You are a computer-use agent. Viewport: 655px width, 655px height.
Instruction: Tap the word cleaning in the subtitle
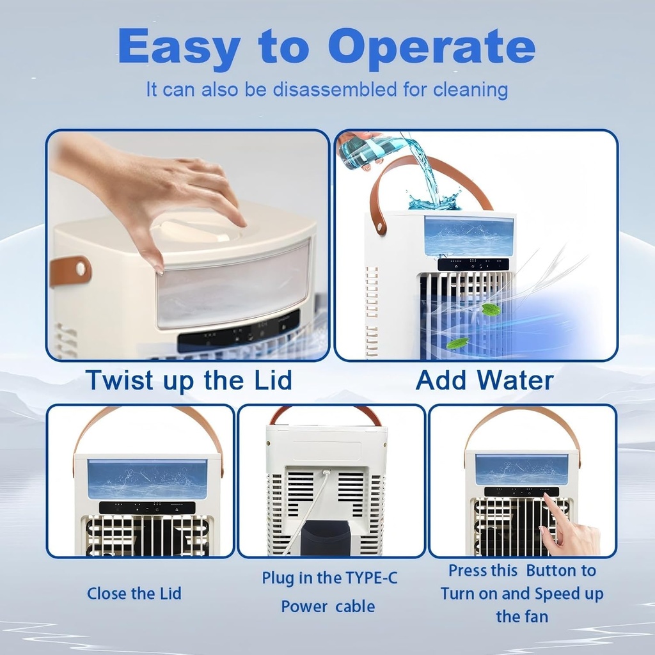(x=471, y=90)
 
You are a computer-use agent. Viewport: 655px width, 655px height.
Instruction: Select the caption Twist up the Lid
(x=189, y=380)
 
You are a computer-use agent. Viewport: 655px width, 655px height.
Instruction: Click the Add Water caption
(x=484, y=380)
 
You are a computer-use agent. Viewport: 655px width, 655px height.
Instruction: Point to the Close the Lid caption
(x=134, y=594)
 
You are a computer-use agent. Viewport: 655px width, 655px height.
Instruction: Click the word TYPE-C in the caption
(x=371, y=578)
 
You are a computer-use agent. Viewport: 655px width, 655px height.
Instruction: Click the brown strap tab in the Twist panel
(x=70, y=270)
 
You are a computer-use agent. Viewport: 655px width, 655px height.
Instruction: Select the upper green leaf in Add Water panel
(x=491, y=310)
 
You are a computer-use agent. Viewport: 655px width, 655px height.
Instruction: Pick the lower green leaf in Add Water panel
(x=457, y=343)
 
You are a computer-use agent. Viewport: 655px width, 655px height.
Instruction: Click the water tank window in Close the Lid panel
(x=147, y=479)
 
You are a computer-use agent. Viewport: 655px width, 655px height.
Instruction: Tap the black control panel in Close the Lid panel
(x=147, y=508)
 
